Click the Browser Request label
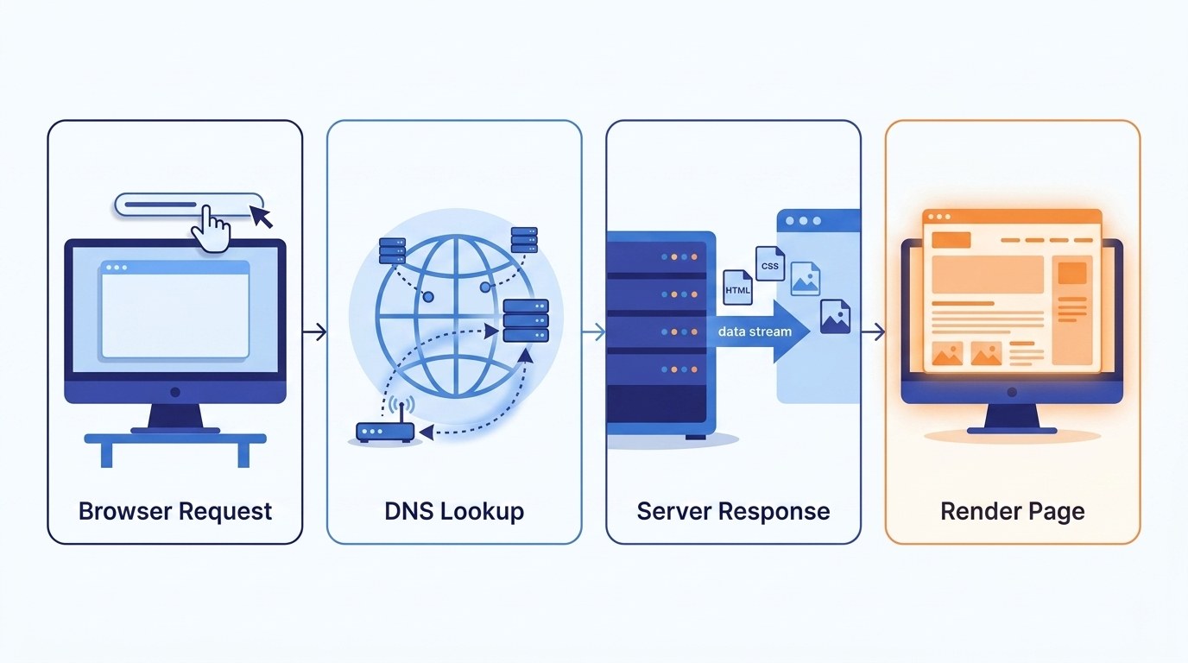pos(175,511)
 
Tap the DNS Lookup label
pos(454,511)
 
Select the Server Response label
pos(733,511)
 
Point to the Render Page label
pos(1012,511)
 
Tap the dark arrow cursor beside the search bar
pos(261,215)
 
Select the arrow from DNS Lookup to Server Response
pos(594,331)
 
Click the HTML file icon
pos(737,287)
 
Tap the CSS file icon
pos(769,264)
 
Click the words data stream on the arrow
pos(755,331)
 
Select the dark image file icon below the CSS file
pos(835,317)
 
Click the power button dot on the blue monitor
pos(175,392)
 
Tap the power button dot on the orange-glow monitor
pos(1012,393)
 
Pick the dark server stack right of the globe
pos(526,321)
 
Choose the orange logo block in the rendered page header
pos(951,240)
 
